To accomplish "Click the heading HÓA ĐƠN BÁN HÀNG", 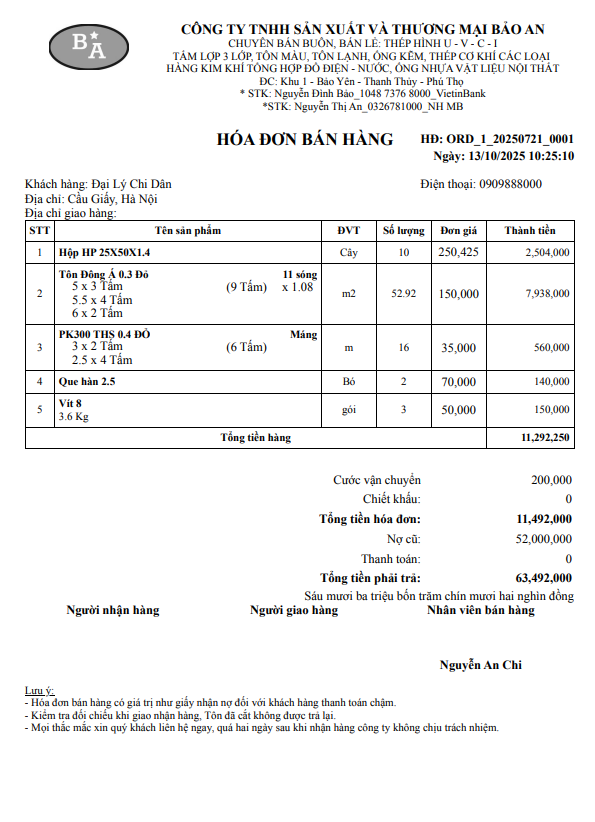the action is [305, 139].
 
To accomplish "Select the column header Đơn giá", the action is [458, 230].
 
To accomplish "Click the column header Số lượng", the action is [404, 230].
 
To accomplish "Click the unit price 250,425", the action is [458, 252].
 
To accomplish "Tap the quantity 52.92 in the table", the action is [403, 294].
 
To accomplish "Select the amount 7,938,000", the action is [547, 294].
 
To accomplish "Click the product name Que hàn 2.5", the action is [88, 382].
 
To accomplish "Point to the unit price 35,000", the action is [458, 348].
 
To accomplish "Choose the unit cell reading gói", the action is [348, 410].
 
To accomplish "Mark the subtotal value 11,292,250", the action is [546, 438].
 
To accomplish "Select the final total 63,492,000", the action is [544, 577].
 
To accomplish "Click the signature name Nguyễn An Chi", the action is [480, 665].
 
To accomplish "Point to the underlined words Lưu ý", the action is [39, 691].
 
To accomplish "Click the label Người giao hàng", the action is [294, 610].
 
